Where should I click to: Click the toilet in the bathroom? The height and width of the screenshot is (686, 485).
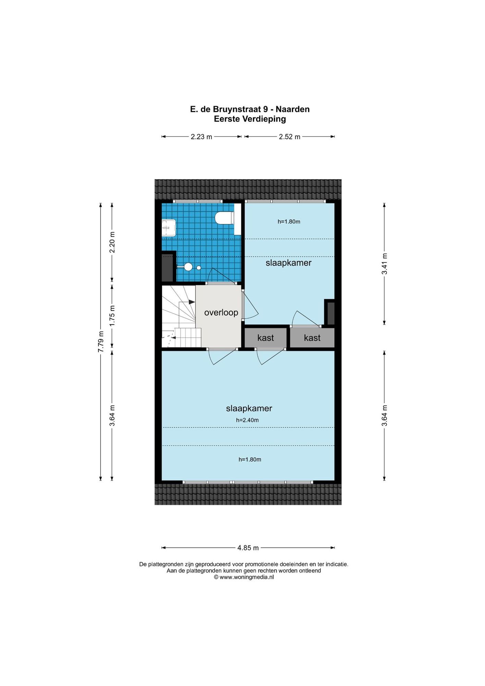click(x=225, y=218)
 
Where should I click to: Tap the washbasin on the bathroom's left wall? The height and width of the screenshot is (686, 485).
click(x=169, y=228)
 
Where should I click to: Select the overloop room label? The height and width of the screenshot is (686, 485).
click(x=221, y=312)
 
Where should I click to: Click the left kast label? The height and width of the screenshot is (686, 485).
click(x=266, y=338)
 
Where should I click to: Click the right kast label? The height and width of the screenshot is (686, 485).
click(x=312, y=338)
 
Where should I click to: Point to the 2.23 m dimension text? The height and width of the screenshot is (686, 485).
click(x=202, y=137)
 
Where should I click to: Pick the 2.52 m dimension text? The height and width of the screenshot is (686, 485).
click(x=290, y=137)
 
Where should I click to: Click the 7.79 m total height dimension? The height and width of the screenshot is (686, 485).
click(x=101, y=342)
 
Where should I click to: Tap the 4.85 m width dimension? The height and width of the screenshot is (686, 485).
click(x=248, y=548)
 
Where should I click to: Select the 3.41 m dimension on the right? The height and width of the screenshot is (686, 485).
click(x=385, y=264)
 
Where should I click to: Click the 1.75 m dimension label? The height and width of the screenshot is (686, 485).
click(x=112, y=316)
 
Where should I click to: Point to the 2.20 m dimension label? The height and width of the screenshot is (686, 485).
click(x=112, y=242)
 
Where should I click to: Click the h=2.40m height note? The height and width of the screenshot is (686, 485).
click(x=247, y=420)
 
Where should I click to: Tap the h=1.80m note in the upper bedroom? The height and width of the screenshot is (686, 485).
click(x=289, y=222)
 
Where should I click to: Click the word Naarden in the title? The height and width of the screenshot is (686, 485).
click(x=293, y=109)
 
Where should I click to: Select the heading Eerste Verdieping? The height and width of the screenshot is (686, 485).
click(x=250, y=119)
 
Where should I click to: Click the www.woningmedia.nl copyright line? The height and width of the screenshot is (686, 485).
click(x=244, y=577)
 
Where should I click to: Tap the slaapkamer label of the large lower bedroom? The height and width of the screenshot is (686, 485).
click(x=249, y=409)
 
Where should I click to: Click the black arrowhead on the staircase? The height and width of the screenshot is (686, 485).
click(x=192, y=302)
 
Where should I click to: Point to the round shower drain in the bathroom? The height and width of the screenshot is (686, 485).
click(x=199, y=268)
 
